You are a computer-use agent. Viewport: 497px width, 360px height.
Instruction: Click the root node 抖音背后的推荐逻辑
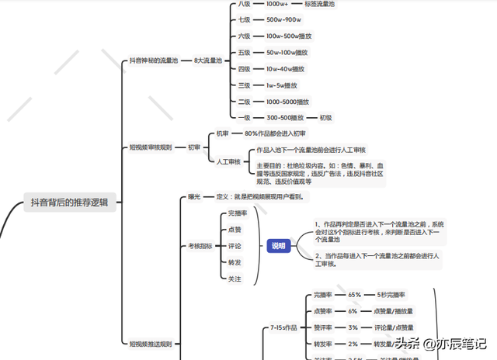(x=70, y=202)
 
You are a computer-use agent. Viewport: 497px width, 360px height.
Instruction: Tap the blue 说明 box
(x=278, y=246)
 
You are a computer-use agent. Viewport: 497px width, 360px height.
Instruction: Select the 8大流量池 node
(x=208, y=60)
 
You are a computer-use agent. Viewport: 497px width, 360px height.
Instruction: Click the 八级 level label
(x=245, y=4)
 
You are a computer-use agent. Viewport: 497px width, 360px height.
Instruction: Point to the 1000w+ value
(x=278, y=4)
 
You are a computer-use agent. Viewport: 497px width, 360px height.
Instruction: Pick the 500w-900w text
(x=283, y=19)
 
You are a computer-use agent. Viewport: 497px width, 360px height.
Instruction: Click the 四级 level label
(x=245, y=69)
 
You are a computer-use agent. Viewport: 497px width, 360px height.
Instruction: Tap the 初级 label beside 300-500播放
(x=325, y=118)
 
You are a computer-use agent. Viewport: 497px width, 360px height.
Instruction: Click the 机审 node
(x=223, y=133)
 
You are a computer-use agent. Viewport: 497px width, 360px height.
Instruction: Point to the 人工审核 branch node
(x=228, y=161)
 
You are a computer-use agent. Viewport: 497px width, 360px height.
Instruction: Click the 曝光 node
(x=194, y=197)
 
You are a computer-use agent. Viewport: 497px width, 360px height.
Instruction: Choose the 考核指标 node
(x=200, y=246)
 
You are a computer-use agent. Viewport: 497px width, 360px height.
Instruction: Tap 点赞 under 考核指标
(x=235, y=230)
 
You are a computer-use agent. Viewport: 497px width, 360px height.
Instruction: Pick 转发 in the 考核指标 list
(x=235, y=262)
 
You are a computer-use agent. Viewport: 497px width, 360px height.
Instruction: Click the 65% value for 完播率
(x=354, y=295)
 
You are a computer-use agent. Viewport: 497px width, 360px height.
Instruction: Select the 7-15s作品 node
(x=283, y=327)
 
